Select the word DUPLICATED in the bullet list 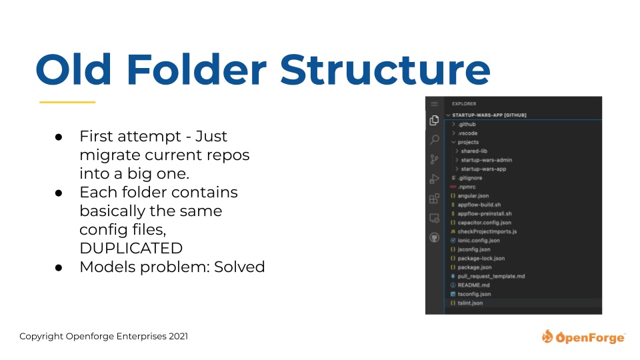coord(131,248)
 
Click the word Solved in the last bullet coord(239,267)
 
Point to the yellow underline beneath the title coord(67,102)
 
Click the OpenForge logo coord(583,337)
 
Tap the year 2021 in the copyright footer coord(179,336)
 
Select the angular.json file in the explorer coord(473,196)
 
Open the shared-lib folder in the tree coord(474,151)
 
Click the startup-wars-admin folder coord(487,160)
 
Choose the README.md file coord(473,285)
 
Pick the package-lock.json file coord(481,259)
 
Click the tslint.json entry coord(470,303)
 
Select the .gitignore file coord(470,178)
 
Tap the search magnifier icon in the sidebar coord(435,139)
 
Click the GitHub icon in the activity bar coord(434,237)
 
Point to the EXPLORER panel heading coord(464,104)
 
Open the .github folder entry coord(467,124)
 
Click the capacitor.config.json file coord(485,223)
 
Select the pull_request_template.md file coord(491,276)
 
